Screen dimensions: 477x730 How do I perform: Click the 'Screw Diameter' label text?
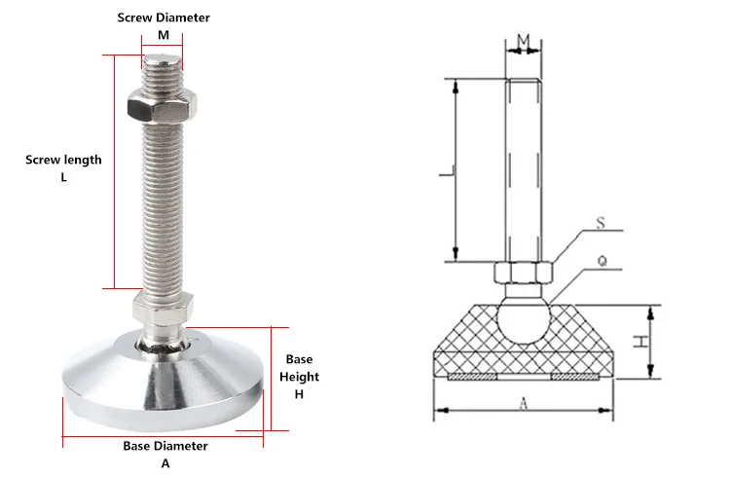point(164,18)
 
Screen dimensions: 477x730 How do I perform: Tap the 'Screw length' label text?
point(63,160)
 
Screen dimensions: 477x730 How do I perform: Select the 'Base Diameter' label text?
point(164,446)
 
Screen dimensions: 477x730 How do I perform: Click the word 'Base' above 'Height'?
point(299,358)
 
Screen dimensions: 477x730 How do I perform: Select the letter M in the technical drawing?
point(523,40)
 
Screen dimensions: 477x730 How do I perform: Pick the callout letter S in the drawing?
point(601,225)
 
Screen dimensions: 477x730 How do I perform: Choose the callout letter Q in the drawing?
point(601,261)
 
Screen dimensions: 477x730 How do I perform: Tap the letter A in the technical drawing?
point(524,402)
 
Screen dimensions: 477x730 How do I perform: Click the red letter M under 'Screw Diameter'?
point(164,36)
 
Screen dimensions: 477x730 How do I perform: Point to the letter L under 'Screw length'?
point(63,177)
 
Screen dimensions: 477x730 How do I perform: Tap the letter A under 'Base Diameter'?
point(164,463)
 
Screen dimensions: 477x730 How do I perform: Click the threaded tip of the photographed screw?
point(160,68)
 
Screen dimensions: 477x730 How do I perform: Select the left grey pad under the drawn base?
point(473,376)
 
